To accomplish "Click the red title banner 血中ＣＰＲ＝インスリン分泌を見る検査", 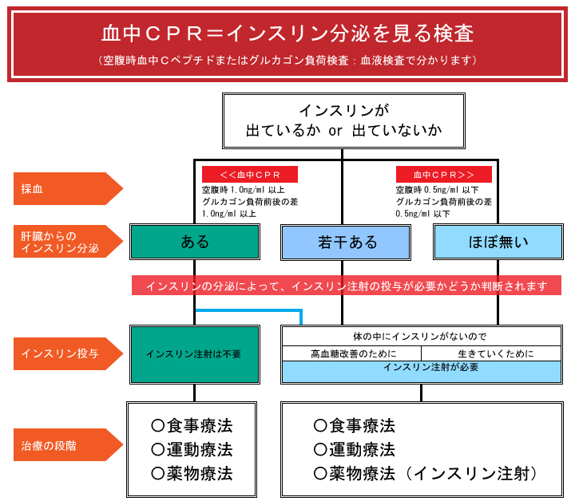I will [287, 34].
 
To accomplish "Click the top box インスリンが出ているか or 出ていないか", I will [343, 120].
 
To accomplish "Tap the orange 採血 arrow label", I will [64, 189].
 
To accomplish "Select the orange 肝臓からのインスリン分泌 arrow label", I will [64, 242].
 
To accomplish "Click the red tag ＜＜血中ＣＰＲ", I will [249, 175].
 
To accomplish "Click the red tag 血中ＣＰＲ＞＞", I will [444, 175].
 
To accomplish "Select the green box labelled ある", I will [194, 242].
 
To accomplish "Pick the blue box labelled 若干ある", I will [347, 242].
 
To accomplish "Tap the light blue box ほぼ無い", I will [498, 242].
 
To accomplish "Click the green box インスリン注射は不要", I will [194, 353].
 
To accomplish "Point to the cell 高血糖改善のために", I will [351, 353].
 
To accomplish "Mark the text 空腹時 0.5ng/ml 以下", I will [438, 191].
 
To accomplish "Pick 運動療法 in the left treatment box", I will [192, 449].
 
